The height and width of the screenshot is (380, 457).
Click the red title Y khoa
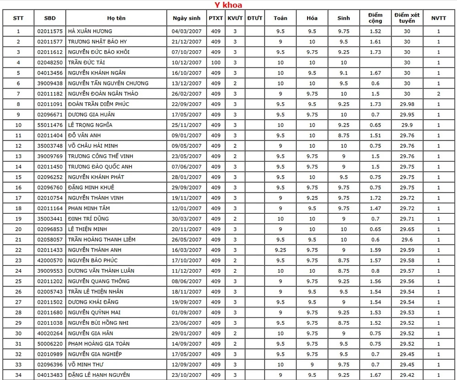pyautogui.click(x=228, y=5)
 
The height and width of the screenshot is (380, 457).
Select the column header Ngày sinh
pyautogui.click(x=186, y=18)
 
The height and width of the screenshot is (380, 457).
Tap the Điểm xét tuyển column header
pyautogui.click(x=407, y=18)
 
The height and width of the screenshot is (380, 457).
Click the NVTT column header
pyautogui.click(x=438, y=18)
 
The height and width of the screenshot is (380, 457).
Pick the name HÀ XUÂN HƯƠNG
pyautogui.click(x=90, y=32)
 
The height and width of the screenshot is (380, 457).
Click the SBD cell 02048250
pyautogui.click(x=50, y=63)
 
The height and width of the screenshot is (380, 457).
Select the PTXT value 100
pyautogui.click(x=216, y=63)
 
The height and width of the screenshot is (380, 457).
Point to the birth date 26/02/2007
pyautogui.click(x=186, y=94)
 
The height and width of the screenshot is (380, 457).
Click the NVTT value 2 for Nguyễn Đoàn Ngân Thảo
pyautogui.click(x=438, y=94)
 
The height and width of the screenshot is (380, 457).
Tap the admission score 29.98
pyautogui.click(x=407, y=104)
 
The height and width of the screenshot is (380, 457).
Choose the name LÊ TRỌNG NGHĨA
pyautogui.click(x=90, y=125)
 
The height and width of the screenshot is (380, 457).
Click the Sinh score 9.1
pyautogui.click(x=344, y=73)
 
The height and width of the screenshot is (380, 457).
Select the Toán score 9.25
pyautogui.click(x=281, y=250)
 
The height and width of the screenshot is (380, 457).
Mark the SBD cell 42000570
pyautogui.click(x=50, y=260)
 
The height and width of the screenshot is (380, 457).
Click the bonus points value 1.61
pyautogui.click(x=375, y=42)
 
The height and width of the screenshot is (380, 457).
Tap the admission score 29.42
pyautogui.click(x=407, y=375)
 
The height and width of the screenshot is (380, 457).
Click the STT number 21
pyautogui.click(x=18, y=239)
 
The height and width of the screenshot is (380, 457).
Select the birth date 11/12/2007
pyautogui.click(x=186, y=271)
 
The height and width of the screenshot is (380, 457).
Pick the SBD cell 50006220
pyautogui.click(x=50, y=343)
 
